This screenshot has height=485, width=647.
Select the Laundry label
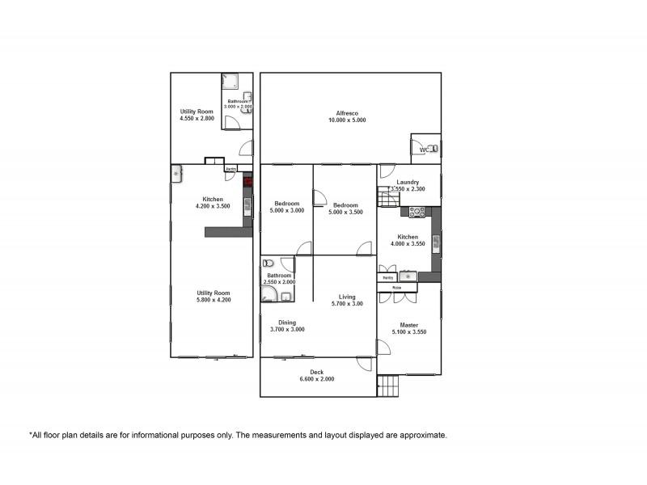[x=408, y=183]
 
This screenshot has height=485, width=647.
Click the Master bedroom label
[x=408, y=326]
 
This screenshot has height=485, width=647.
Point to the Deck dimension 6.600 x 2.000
[x=317, y=379]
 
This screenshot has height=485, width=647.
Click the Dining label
[x=287, y=323]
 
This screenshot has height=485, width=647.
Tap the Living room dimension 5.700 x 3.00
[x=347, y=304]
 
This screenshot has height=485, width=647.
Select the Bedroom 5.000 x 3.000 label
[x=287, y=204]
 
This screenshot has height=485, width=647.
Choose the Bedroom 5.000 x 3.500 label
[x=345, y=204]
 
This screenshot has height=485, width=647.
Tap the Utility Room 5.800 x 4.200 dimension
[x=214, y=300]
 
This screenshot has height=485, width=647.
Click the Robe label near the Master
[x=397, y=288]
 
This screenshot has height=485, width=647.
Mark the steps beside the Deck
[x=389, y=386]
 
